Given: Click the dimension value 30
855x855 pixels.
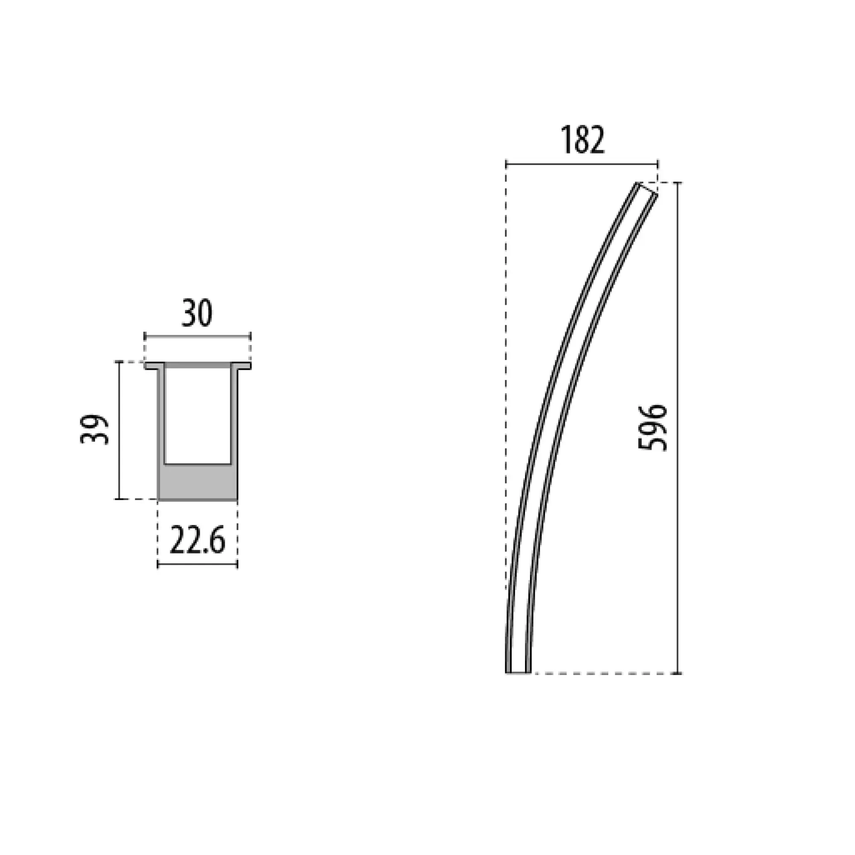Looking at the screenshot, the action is [198, 313].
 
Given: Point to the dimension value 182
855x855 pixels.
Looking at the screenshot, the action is [582, 140].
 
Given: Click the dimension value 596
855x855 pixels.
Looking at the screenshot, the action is [653, 428].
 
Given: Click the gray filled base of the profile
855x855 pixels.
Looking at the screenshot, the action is [198, 482].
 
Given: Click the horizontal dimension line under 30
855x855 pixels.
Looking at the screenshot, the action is [198, 337].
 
